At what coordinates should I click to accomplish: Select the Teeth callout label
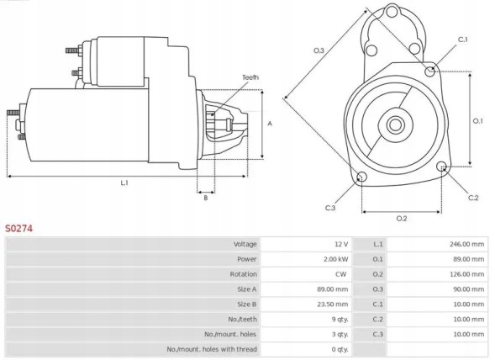click(250, 77)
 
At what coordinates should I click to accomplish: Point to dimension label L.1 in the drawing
click(124, 183)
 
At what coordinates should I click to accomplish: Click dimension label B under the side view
click(205, 198)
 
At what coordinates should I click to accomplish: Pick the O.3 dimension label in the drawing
click(319, 51)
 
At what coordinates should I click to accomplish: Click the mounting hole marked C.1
click(431, 71)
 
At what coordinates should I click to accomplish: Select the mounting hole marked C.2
click(444, 168)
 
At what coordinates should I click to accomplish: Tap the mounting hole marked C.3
click(361, 177)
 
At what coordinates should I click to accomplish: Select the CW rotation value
click(341, 274)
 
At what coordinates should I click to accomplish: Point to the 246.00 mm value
click(466, 244)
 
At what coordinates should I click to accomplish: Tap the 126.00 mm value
click(466, 274)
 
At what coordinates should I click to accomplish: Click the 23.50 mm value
click(333, 304)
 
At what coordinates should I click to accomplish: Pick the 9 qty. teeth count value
click(340, 319)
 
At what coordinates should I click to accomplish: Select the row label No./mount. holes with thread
click(211, 349)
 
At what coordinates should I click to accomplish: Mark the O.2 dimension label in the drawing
click(401, 219)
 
